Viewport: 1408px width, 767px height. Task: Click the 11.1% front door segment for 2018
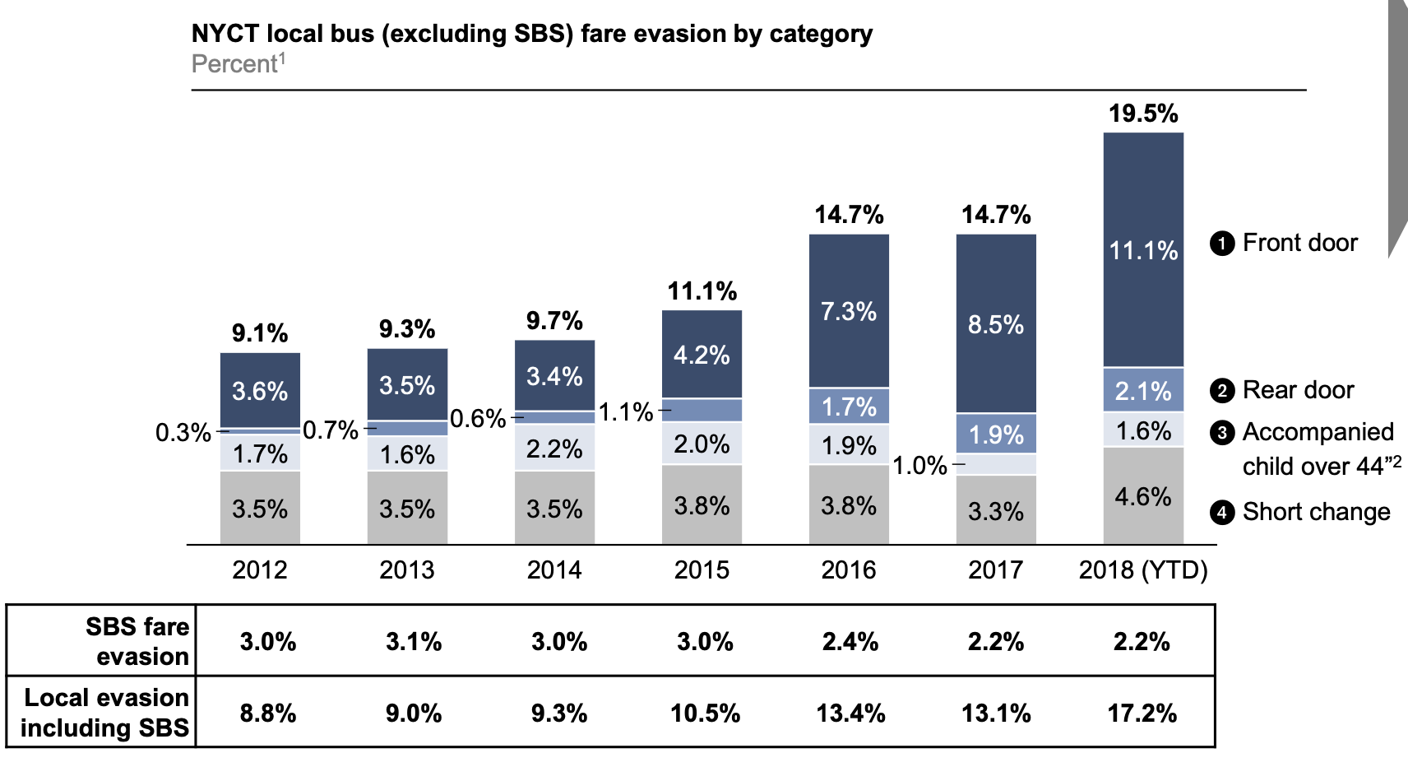click(x=1143, y=250)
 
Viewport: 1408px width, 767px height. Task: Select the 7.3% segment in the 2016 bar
click(x=849, y=311)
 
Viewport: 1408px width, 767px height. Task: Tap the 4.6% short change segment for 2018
click(x=1143, y=496)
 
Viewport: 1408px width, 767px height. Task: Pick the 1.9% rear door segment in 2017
click(x=996, y=434)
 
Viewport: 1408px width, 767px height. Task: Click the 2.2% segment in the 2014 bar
click(x=554, y=449)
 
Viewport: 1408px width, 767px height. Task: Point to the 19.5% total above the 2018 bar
click(x=1143, y=114)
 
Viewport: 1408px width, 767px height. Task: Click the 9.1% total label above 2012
click(x=260, y=333)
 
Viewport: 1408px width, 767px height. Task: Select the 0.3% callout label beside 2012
click(x=183, y=432)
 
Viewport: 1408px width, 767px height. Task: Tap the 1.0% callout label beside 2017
click(x=919, y=466)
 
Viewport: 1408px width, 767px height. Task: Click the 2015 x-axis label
click(x=702, y=569)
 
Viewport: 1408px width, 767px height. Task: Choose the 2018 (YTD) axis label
click(x=1143, y=569)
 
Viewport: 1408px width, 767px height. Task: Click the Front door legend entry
click(x=1299, y=243)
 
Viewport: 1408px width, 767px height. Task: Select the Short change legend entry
click(x=1316, y=512)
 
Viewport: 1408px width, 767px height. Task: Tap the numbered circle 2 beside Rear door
click(x=1222, y=390)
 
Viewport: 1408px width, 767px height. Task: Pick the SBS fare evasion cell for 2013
click(x=414, y=642)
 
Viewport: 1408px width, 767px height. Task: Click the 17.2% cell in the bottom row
click(x=1142, y=713)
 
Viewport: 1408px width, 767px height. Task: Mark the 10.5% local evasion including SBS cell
click(x=705, y=713)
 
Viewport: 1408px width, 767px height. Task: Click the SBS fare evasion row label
click(x=138, y=641)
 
